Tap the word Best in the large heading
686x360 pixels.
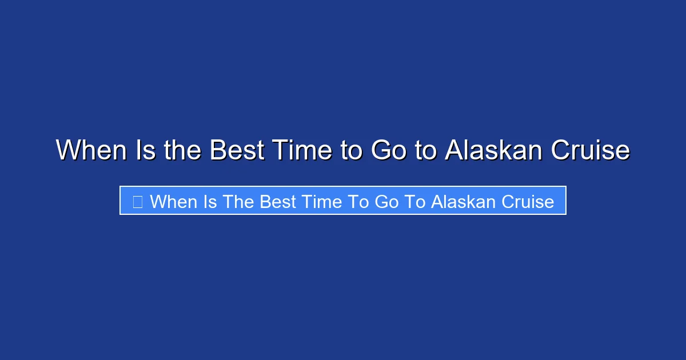(x=235, y=150)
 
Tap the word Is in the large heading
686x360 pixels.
(x=142, y=150)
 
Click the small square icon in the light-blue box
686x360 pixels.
(x=137, y=202)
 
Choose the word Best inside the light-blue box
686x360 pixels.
(x=279, y=202)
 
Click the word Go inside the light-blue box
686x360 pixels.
(x=387, y=202)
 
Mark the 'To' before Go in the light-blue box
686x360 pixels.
(x=362, y=202)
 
